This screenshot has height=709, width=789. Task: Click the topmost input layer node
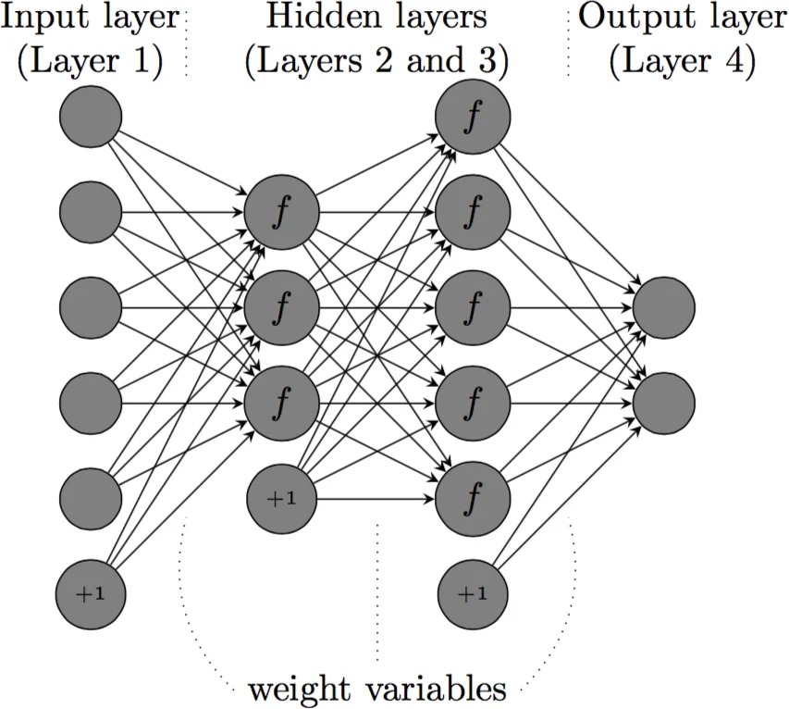[91, 116]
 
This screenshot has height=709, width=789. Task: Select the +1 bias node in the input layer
[91, 593]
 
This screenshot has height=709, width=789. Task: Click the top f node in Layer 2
[280, 211]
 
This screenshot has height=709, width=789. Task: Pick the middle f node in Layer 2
[280, 306]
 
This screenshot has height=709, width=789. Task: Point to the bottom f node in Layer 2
[280, 402]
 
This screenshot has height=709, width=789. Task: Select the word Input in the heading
[44, 17]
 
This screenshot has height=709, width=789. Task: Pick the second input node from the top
[91, 211]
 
